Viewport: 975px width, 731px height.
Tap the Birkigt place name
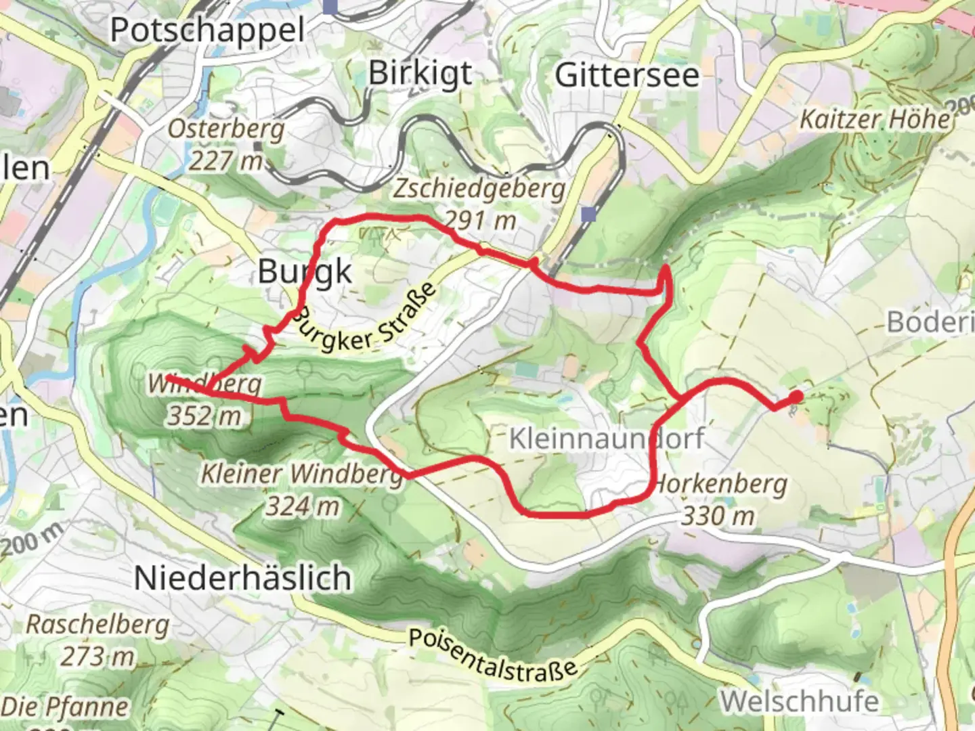(420, 73)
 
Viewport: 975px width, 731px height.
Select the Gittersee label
(627, 74)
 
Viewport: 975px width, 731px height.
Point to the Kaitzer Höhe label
(875, 120)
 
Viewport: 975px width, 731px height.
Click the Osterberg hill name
(226, 128)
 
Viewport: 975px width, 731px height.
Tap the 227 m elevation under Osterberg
(225, 160)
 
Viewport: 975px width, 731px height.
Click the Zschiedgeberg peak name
(479, 189)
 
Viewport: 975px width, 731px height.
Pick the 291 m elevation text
(480, 220)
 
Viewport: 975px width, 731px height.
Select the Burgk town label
(305, 272)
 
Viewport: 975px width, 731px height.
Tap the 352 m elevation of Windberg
(204, 416)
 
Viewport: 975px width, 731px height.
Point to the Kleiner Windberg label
(302, 474)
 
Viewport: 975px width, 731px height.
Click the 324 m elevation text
(302, 506)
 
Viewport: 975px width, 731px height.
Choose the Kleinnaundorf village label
(607, 439)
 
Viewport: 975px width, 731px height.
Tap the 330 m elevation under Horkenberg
(718, 516)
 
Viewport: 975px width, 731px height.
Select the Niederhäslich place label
(243, 578)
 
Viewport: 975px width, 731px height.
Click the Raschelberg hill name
(97, 624)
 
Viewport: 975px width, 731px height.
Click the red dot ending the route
(797, 397)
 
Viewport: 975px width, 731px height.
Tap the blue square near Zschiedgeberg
(589, 215)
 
